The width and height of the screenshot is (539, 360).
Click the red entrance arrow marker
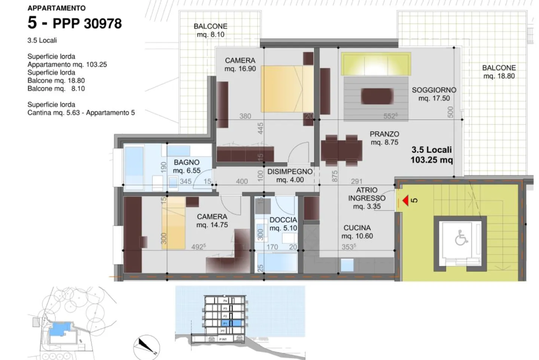405,201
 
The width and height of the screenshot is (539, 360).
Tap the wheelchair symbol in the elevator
461,238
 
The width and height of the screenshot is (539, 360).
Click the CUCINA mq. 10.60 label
357,232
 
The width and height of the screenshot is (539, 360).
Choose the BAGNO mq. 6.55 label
186,167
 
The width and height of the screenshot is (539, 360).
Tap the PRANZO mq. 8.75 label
384,138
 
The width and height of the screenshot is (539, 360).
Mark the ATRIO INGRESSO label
366,198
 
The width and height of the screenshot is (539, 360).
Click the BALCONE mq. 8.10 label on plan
210,30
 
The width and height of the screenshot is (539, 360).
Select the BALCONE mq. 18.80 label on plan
499,72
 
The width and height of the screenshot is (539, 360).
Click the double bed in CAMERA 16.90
287,89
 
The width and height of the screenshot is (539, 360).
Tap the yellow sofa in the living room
375,64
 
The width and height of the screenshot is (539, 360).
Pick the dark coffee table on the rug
377,96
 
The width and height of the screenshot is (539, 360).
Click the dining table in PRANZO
341,150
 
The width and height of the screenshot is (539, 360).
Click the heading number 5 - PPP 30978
75,23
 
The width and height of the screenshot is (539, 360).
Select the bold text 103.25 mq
432,160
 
